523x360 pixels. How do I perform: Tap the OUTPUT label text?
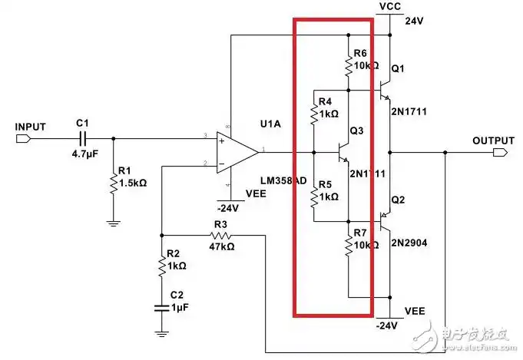pos(493,140)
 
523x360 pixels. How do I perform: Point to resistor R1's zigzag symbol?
pos(114,183)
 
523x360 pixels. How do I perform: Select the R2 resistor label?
pos(174,253)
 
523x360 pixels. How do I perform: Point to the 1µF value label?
pos(179,307)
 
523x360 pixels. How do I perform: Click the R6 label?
pos(360,52)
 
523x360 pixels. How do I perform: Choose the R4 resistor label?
pos(325,101)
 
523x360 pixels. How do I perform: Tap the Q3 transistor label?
pos(356,131)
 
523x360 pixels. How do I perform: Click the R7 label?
pos(360,233)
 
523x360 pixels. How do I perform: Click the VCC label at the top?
pos(391,7)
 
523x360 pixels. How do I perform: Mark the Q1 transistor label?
pos(398,69)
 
